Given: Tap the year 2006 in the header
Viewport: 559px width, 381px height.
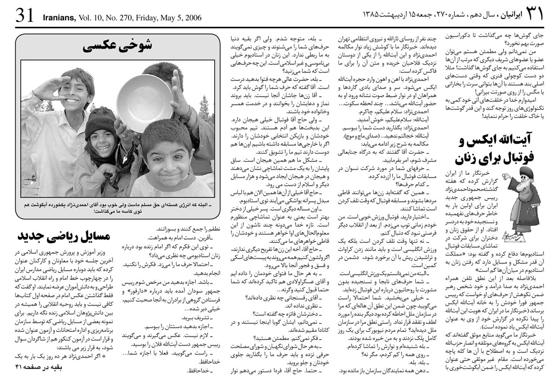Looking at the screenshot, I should click(192, 18).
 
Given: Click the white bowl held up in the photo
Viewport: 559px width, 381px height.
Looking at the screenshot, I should click(144, 102).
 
